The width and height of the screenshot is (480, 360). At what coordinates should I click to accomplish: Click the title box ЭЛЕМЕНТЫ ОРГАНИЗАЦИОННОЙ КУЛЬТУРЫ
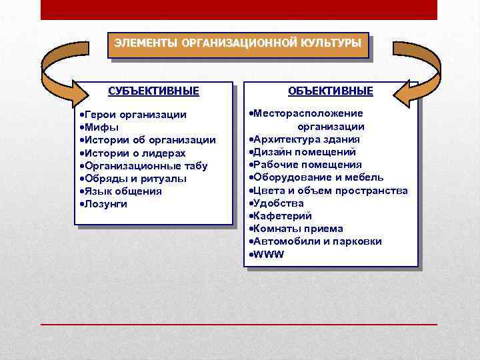[238, 44]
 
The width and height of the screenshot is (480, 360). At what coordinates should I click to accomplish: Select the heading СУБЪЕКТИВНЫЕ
[153, 90]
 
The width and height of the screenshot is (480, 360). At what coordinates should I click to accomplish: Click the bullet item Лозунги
[105, 203]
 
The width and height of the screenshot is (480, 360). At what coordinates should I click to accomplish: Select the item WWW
[268, 254]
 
